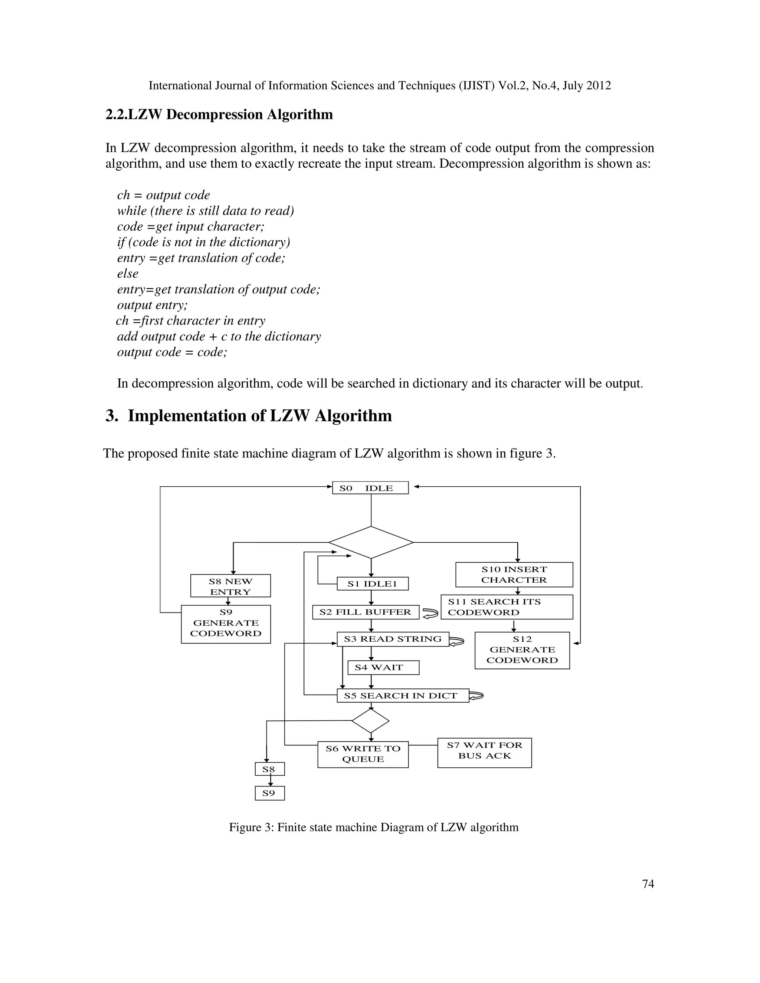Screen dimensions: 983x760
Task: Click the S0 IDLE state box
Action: tap(370, 488)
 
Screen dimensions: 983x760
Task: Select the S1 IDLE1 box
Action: tap(372, 584)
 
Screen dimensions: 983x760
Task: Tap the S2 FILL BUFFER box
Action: tap(366, 612)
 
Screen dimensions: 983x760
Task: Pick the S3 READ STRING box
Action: tap(393, 639)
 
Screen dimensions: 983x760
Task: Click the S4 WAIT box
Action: tap(383, 667)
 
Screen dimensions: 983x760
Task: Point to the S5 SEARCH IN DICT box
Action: tap(403, 696)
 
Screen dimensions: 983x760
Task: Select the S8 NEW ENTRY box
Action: tap(230, 586)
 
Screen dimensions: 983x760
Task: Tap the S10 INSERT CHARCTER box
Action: tap(514, 575)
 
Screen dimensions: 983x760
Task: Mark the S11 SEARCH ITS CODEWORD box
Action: tap(507, 607)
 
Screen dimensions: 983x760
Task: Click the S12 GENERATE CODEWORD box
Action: tap(522, 650)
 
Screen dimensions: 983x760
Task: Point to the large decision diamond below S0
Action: tap(371, 542)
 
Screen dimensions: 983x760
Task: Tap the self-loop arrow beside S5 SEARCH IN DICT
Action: tap(476, 696)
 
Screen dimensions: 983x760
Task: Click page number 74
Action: tap(648, 884)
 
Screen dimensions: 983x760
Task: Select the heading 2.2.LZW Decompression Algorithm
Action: tap(219, 115)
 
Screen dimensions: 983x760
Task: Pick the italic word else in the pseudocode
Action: tap(128, 274)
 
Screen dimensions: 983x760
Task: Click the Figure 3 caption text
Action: tap(374, 827)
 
